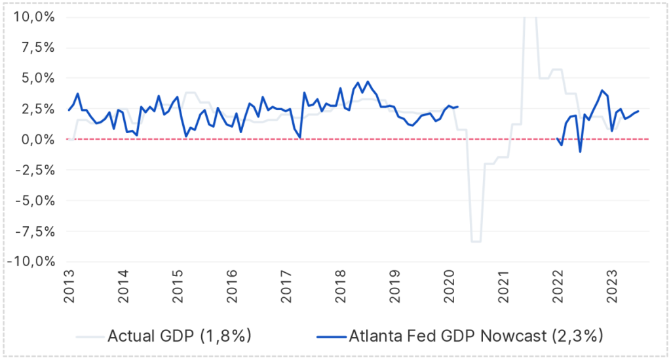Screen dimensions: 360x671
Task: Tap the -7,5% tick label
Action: (x=33, y=231)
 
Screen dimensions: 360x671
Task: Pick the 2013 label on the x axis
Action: (x=68, y=288)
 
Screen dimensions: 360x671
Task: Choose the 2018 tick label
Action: (x=339, y=288)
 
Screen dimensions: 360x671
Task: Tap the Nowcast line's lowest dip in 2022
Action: (x=580, y=151)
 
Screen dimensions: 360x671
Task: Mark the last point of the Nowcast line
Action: (x=638, y=111)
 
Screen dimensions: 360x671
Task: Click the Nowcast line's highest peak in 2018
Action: (x=368, y=82)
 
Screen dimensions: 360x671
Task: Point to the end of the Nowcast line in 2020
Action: (x=457, y=107)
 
